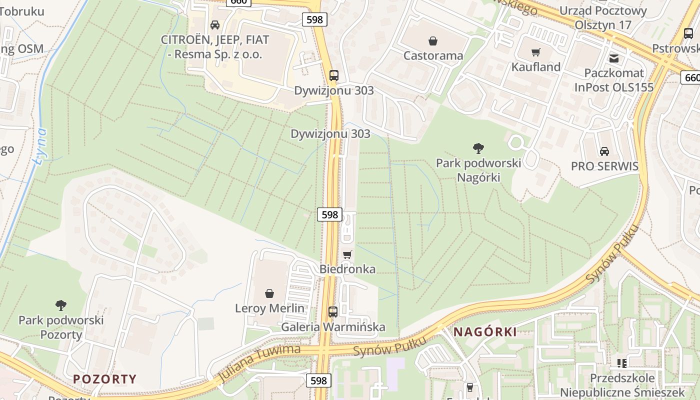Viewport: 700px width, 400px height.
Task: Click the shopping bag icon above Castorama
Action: point(433,40)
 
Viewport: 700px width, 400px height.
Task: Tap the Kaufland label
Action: point(535,67)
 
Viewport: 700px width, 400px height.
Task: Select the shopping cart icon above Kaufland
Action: point(536,52)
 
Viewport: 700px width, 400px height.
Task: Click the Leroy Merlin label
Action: point(269,308)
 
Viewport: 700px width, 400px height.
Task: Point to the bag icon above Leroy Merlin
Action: point(269,293)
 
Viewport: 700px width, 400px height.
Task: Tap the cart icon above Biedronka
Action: point(347,254)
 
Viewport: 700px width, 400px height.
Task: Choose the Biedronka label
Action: point(347,269)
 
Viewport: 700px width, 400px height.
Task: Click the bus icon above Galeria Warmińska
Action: point(333,312)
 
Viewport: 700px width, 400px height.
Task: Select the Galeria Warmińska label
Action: point(333,327)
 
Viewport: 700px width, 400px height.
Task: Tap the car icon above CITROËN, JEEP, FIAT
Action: point(215,24)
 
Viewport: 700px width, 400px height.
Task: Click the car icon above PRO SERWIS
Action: point(604,151)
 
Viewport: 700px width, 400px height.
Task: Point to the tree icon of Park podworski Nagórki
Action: point(478,148)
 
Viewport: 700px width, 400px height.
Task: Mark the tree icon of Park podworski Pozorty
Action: point(61,305)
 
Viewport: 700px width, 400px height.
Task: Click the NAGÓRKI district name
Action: point(484,331)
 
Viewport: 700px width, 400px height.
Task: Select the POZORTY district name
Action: point(105,378)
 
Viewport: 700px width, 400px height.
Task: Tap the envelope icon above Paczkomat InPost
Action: point(614,58)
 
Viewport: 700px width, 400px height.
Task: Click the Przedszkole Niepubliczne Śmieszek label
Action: point(622,385)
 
